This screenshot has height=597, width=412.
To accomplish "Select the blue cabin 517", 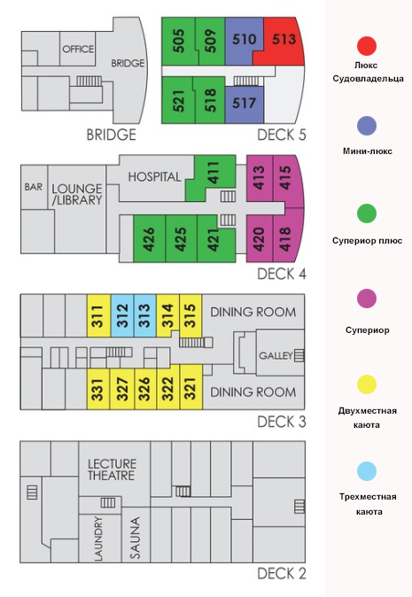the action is tap(244, 104).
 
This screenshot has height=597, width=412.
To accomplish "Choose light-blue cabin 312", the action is tap(122, 315).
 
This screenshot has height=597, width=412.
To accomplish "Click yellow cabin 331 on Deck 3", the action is tap(98, 389).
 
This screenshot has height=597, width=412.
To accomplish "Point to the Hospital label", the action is tap(154, 177).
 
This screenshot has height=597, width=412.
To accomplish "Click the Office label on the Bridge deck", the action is tap(78, 49).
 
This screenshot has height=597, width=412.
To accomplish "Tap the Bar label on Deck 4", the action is tap(34, 187).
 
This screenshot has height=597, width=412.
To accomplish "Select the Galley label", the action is tap(276, 355).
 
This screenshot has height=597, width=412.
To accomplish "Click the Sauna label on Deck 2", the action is tap(136, 538).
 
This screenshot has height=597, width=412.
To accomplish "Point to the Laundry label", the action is tap(98, 539).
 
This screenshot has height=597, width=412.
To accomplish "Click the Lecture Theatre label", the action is tap(112, 469).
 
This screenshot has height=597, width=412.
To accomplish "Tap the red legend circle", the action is tap(367, 46).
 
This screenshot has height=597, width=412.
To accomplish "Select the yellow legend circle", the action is tap(367, 384).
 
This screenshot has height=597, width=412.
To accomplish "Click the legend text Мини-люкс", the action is tap(368, 151).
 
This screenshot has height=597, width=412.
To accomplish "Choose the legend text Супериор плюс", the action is tap(367, 241).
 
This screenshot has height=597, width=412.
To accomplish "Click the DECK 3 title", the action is tap(282, 422).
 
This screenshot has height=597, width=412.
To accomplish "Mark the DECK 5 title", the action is tap(282, 135).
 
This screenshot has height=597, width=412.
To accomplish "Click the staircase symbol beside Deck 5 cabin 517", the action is tap(246, 81).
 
